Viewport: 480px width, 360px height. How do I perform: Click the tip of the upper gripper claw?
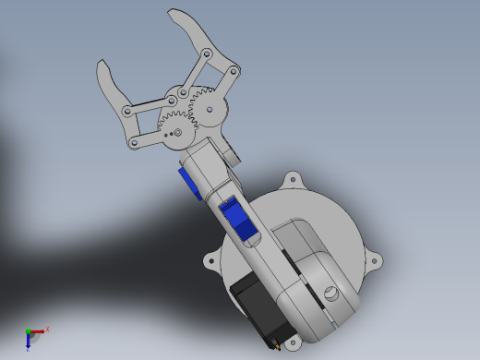click(x=171, y=13)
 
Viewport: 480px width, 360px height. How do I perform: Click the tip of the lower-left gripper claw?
click(x=101, y=65)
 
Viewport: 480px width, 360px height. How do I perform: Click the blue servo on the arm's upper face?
click(x=239, y=223)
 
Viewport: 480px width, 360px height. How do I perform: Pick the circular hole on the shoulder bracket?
click(x=331, y=294)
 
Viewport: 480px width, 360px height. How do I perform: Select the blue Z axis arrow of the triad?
click(x=29, y=342)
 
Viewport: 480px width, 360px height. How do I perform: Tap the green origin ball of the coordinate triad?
click(x=28, y=331)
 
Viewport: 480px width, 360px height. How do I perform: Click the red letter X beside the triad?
click(x=47, y=328)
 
